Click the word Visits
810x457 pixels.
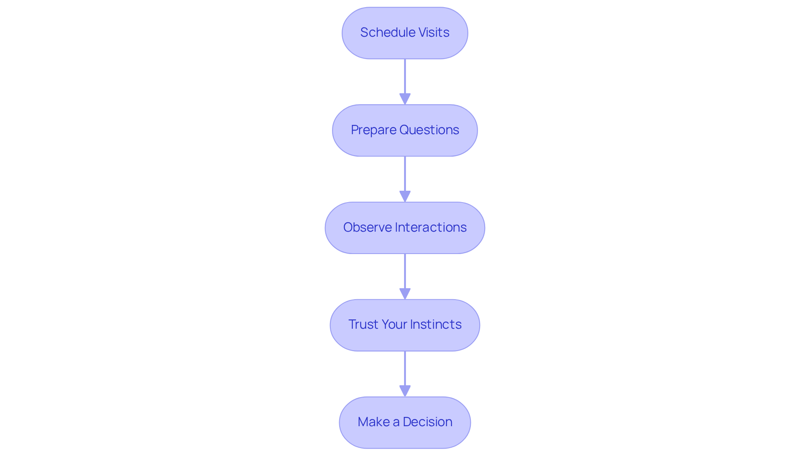(434, 32)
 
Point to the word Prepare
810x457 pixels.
(373, 130)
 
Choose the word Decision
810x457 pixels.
(427, 422)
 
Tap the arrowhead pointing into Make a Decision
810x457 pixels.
(405, 391)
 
